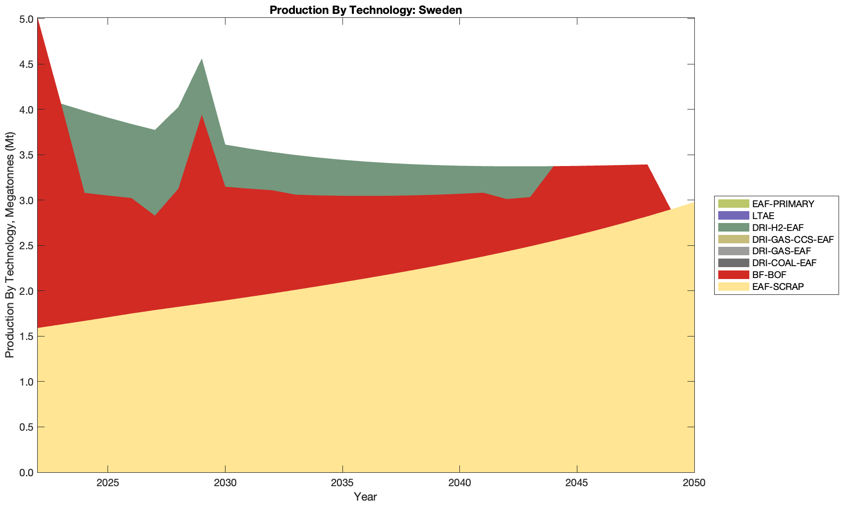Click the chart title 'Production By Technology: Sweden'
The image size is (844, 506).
pyautogui.click(x=366, y=9)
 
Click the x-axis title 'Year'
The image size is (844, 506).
pyautogui.click(x=365, y=497)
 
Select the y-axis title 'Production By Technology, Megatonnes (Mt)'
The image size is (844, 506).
pyautogui.click(x=9, y=245)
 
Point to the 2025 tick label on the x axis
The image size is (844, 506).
pyautogui.click(x=108, y=483)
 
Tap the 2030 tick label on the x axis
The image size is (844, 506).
pyautogui.click(x=225, y=483)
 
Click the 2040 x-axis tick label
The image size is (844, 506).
pyautogui.click(x=459, y=483)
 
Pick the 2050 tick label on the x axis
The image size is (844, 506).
pyautogui.click(x=693, y=483)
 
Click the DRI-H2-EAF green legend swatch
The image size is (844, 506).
pyautogui.click(x=733, y=227)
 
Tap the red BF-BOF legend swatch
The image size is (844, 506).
pyautogui.click(x=733, y=275)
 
